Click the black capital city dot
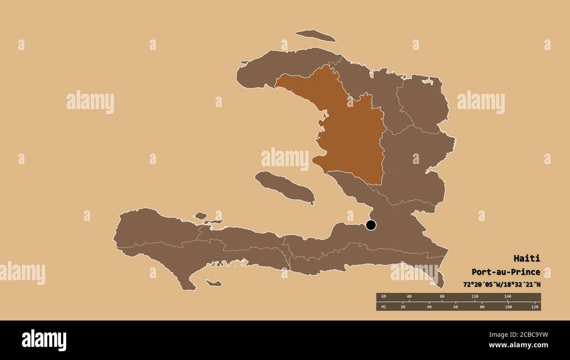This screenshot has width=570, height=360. click(x=371, y=225)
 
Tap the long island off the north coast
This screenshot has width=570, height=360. click(x=315, y=36)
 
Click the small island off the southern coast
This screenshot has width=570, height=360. click(x=214, y=283)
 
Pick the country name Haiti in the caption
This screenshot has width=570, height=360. click(x=527, y=258)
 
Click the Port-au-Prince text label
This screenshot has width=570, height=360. click(x=506, y=272)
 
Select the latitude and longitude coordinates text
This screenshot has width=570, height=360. click(x=502, y=284)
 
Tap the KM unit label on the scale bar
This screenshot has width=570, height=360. click(x=384, y=297)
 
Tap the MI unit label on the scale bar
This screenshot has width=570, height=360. click(x=384, y=307)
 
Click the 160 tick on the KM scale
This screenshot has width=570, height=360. click(x=507, y=297)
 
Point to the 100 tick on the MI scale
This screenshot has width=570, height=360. click(x=508, y=307)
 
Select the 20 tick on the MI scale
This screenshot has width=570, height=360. click(x=403, y=307)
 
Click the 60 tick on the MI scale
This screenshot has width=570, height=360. click(x=456, y=307)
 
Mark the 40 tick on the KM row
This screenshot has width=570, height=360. click(x=409, y=297)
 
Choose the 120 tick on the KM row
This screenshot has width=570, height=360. click(x=474, y=297)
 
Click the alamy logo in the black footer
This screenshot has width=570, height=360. click(x=44, y=340)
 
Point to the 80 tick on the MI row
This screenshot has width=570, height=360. click(x=482, y=307)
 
